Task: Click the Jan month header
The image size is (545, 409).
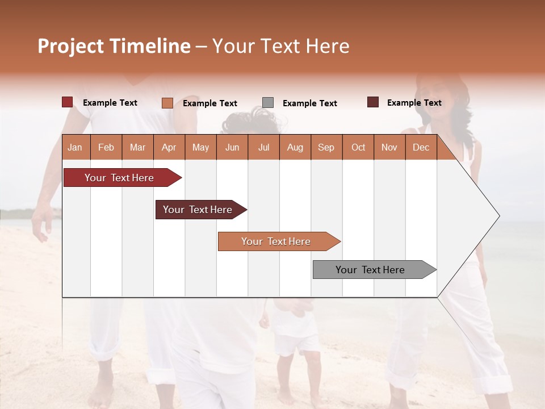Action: tap(75, 147)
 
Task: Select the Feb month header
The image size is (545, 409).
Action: tap(106, 147)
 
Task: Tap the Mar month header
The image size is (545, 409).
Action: tap(137, 147)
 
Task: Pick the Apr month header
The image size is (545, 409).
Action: tap(169, 147)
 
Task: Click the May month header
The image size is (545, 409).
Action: tap(200, 147)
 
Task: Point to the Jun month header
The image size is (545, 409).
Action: tap(232, 147)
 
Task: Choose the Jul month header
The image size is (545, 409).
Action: tap(263, 147)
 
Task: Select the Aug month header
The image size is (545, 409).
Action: tap(295, 147)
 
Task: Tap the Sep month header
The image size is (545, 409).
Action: tap(326, 147)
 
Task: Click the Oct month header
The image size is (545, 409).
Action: tap(358, 147)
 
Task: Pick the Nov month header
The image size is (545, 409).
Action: tap(389, 147)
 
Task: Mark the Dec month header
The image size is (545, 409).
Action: tap(421, 147)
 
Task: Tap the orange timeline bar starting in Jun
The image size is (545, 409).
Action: tap(276, 241)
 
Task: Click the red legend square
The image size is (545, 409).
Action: tap(68, 102)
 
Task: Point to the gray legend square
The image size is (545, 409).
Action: tap(268, 103)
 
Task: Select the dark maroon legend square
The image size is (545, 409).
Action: tap(373, 102)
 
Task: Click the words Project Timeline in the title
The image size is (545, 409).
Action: tap(114, 46)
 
